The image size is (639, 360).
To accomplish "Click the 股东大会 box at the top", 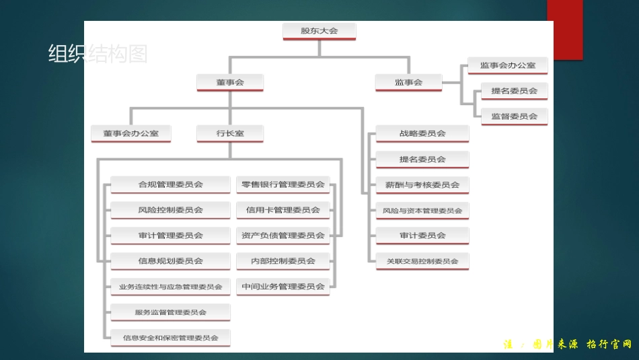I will [x=319, y=31].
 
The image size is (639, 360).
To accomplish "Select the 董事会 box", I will [x=230, y=82].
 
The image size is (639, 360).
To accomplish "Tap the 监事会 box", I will [x=408, y=82].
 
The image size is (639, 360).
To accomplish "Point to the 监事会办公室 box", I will [x=508, y=65].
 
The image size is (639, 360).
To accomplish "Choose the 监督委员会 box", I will [x=514, y=116].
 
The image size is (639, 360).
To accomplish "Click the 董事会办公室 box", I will [x=131, y=133].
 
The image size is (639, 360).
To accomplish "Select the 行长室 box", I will [x=230, y=133].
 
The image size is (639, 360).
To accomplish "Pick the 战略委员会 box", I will [x=422, y=133].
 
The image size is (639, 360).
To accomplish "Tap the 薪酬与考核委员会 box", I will [x=422, y=184].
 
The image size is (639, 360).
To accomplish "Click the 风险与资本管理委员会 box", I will [x=422, y=211].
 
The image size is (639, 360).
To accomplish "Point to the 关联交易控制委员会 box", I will [x=422, y=261].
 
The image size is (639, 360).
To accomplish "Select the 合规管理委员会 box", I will [x=170, y=184].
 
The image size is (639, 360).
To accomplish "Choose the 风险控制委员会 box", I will [x=170, y=210].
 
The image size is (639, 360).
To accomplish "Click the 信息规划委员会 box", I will [x=170, y=261].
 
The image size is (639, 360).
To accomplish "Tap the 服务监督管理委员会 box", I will [x=170, y=312].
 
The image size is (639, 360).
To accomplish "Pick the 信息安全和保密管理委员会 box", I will [x=170, y=338].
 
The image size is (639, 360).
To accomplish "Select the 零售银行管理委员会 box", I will [x=283, y=184].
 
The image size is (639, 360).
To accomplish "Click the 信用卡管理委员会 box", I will [x=283, y=210].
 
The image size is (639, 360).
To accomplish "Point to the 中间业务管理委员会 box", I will [x=283, y=287].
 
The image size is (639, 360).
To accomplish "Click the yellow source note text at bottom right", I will [x=568, y=345].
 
